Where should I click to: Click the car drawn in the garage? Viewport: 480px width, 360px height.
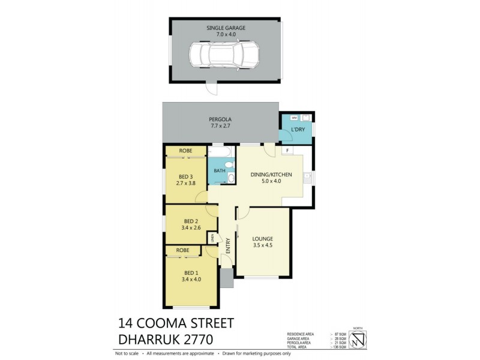[x=224, y=55]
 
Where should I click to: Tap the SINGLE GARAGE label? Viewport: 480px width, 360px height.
[x=226, y=28]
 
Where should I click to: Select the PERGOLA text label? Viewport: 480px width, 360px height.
[x=221, y=119]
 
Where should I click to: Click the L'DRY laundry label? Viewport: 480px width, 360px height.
[x=298, y=130]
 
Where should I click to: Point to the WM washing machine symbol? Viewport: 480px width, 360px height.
[x=288, y=118]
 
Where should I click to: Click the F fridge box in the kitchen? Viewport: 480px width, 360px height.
[x=287, y=150]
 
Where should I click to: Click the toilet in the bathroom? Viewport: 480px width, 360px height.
[x=230, y=176]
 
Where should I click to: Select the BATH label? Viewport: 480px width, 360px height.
[x=220, y=171]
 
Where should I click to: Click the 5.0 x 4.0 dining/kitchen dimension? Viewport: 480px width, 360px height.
[x=271, y=181]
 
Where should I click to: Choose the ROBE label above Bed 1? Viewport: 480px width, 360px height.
[x=183, y=250]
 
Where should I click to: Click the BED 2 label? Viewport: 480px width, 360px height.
[x=191, y=220]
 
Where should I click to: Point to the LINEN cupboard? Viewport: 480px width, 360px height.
[x=212, y=239]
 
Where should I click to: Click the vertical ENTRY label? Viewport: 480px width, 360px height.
[x=227, y=245]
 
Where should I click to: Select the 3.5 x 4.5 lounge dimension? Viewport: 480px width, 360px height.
[x=263, y=244]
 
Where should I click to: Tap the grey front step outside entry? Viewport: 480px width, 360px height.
[x=226, y=278]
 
